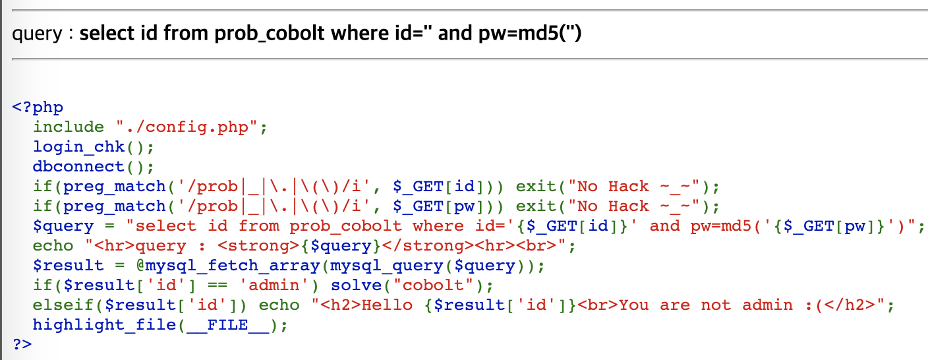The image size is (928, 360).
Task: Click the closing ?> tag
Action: (22, 344)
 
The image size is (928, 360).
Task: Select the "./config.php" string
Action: (191, 127)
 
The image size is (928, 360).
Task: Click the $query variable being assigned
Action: (64, 225)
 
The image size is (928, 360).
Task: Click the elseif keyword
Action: (64, 305)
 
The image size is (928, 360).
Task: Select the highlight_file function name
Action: (106, 324)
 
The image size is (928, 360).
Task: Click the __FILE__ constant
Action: (227, 324)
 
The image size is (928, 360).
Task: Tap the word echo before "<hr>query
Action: (53, 245)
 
